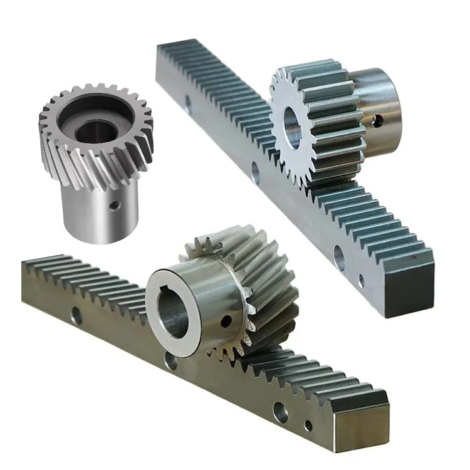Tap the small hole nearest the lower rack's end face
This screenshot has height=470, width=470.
(x=308, y=426)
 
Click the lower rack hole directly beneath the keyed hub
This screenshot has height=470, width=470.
(x=170, y=360)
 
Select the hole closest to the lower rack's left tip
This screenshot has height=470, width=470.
(x=76, y=316)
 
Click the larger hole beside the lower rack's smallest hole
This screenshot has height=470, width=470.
(x=280, y=412)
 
